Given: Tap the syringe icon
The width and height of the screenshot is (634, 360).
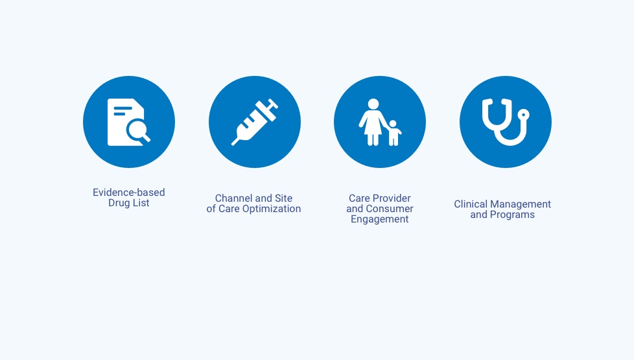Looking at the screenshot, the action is click(x=255, y=122).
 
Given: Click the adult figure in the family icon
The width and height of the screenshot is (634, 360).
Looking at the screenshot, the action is click(x=373, y=122).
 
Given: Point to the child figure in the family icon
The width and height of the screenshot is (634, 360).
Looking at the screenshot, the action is click(x=393, y=133).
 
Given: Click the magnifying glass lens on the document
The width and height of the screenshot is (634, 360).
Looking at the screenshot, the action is click(x=136, y=130).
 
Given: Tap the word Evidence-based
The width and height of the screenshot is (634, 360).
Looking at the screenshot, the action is click(x=128, y=192).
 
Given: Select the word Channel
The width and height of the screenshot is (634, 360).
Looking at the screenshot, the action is click(x=235, y=198).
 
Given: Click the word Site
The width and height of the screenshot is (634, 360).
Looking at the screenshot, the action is click(x=283, y=198).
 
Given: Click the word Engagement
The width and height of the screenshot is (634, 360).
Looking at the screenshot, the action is click(x=380, y=219).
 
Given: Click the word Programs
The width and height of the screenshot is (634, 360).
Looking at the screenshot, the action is click(x=512, y=215).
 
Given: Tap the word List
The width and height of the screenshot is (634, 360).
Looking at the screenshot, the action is click(x=141, y=202).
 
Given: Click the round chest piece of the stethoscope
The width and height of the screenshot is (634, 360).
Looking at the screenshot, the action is click(x=523, y=115).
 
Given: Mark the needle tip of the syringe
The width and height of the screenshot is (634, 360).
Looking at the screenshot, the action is click(x=232, y=145).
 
